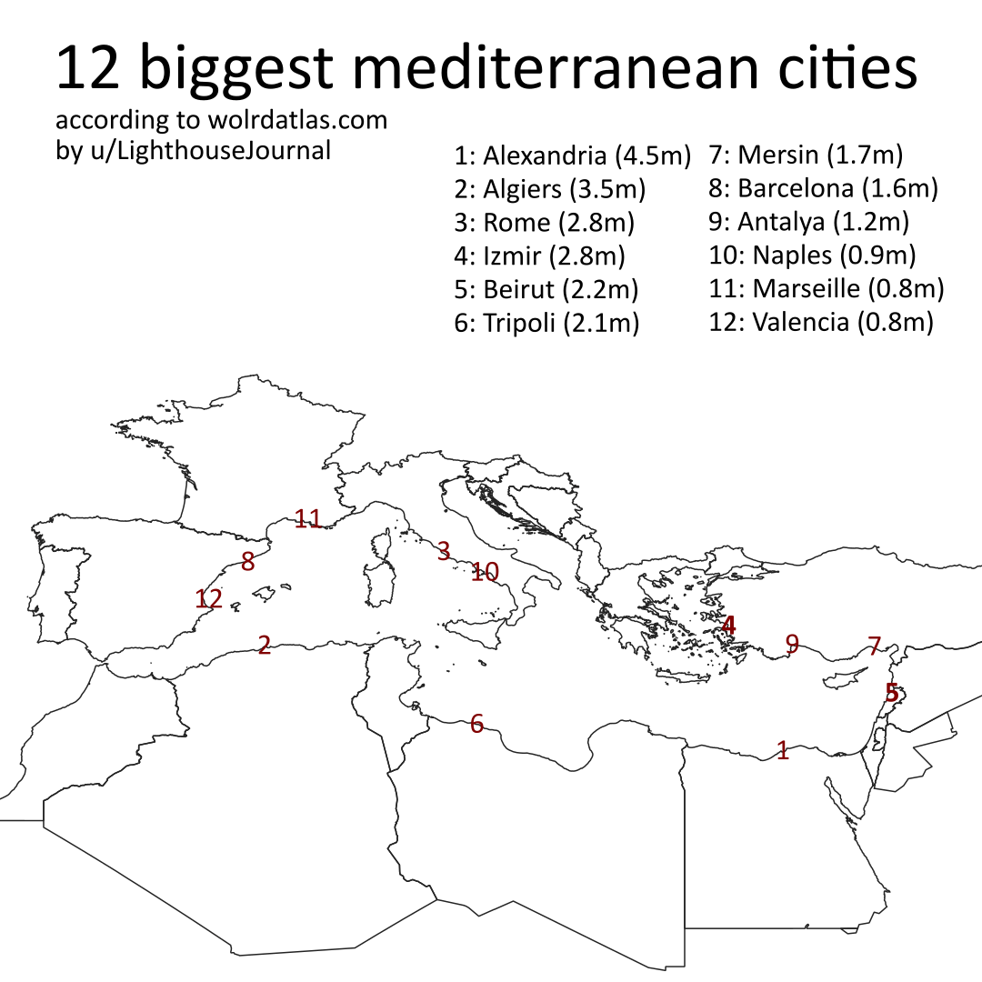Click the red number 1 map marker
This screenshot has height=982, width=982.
783,750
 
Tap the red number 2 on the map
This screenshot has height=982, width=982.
265,645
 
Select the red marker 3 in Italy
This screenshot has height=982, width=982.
444,550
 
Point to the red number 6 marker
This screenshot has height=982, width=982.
477,724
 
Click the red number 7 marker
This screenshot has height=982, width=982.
875,646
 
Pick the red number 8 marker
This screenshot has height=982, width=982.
247,562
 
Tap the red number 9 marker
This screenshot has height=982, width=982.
792,644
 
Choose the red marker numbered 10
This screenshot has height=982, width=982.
486,572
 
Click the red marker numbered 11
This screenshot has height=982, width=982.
309,519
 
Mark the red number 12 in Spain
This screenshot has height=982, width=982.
209,599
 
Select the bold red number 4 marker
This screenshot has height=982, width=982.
728,626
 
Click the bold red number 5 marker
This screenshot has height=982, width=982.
892,692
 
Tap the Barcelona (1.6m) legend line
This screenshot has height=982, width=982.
823,189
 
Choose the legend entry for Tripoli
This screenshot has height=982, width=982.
547,322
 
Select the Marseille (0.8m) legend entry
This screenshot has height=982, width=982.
827,289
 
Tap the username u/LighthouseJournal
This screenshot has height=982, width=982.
205,150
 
